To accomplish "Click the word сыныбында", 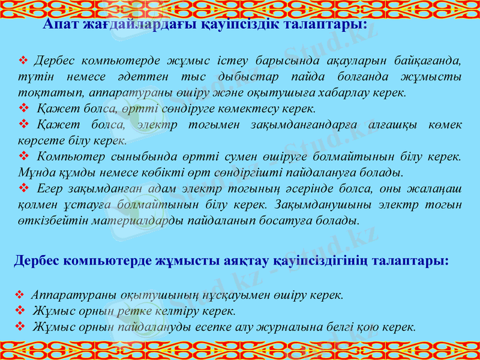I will (132, 156).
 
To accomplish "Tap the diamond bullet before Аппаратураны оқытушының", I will (19, 295).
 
